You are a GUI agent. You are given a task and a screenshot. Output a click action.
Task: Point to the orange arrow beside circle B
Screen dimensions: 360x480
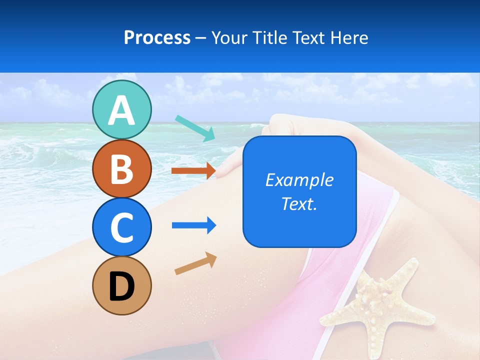coord(194,170)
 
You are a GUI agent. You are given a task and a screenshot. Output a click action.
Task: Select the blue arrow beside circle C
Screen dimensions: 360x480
coord(194,225)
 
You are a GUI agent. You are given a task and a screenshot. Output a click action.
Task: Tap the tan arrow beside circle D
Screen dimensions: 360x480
coord(195,263)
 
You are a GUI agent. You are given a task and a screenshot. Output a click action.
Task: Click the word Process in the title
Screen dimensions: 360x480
coord(157,37)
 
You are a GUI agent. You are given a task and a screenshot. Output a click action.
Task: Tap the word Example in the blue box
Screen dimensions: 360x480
coord(299,180)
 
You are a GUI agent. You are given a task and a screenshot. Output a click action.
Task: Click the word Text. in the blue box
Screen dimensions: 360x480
coord(299,204)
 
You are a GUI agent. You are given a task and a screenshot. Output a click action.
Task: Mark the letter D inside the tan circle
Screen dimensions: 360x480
coord(121,286)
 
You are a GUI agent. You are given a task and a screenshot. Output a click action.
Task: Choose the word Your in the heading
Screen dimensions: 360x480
coord(230,37)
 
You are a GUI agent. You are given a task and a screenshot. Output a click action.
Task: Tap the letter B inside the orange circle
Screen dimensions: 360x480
coord(121,169)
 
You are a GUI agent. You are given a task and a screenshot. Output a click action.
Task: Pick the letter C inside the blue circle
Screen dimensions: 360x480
coord(121,227)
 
